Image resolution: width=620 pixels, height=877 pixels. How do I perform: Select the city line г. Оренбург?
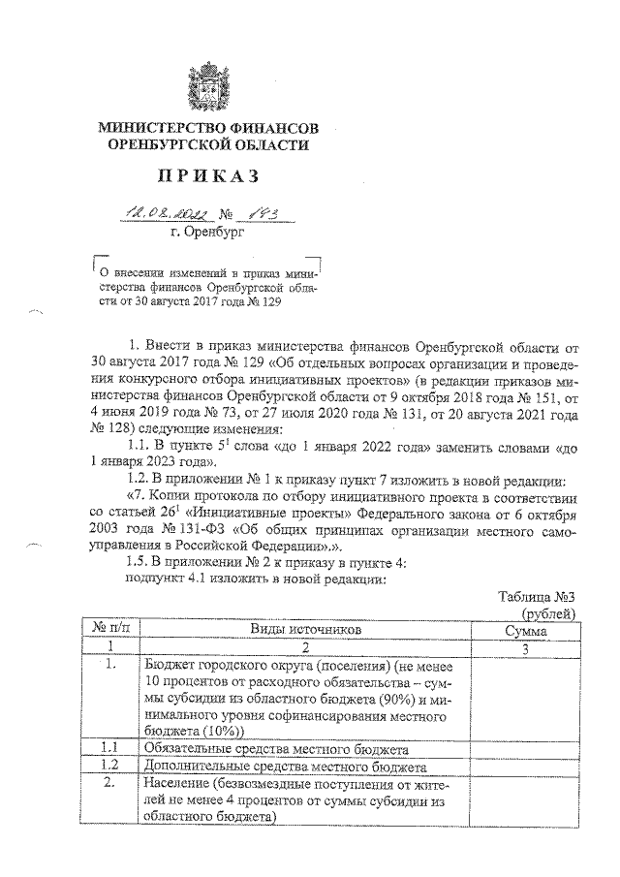[x=207, y=233]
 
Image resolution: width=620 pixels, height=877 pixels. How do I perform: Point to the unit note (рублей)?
[x=548, y=612]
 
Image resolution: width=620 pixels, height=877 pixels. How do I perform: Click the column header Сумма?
[x=525, y=630]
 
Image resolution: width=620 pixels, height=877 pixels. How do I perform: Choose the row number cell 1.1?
[x=111, y=748]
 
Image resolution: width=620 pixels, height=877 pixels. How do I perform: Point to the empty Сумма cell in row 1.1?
[x=525, y=748]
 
